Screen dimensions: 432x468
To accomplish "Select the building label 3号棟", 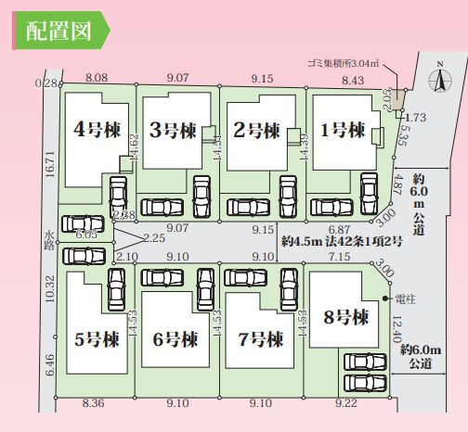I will click(x=172, y=130).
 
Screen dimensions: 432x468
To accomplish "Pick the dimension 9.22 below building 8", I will click(x=345, y=404).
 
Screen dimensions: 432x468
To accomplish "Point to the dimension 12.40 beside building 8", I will click(x=397, y=329).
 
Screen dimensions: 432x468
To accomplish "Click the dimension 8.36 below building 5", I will click(x=94, y=404).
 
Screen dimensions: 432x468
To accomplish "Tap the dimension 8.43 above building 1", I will click(x=353, y=80).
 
